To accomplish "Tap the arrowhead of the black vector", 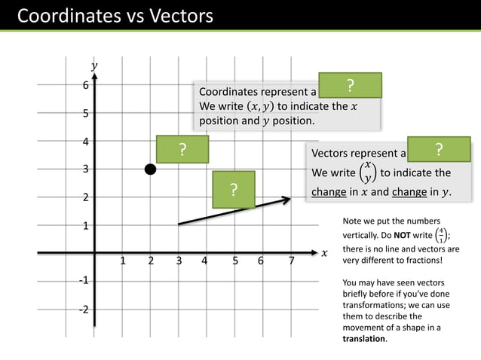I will point(287,200).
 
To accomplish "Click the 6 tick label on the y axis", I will point(86,86).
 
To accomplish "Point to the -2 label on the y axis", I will point(84,310).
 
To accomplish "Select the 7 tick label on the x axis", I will point(291,262).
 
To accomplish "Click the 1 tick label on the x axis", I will point(122,262).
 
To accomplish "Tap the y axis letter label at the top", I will point(94,66).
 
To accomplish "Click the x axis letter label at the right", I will point(324,253).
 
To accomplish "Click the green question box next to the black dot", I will point(182,149).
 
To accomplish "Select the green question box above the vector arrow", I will point(234,190).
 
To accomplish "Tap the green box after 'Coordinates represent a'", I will point(350,85).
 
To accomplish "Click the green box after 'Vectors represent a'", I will point(439,149).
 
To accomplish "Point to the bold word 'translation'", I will point(363,338).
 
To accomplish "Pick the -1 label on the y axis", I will point(84,280).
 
